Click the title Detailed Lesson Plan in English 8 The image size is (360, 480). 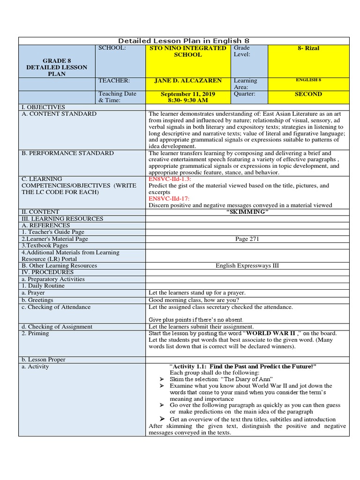[184, 41]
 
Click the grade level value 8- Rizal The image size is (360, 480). [308, 48]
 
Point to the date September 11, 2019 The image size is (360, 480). [188, 94]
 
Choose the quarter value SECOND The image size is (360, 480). [308, 94]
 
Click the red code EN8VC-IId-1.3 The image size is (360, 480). [170, 179]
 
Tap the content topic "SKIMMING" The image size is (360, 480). [247, 212]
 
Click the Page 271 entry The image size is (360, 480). [247, 239]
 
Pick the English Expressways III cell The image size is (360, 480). [247, 266]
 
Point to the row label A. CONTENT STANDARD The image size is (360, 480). [59, 114]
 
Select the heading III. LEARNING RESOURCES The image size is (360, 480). [62, 219]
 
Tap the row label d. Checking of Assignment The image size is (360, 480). [57, 327]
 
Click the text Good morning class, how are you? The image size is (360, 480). [194, 300]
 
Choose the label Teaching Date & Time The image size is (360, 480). [117, 97]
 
